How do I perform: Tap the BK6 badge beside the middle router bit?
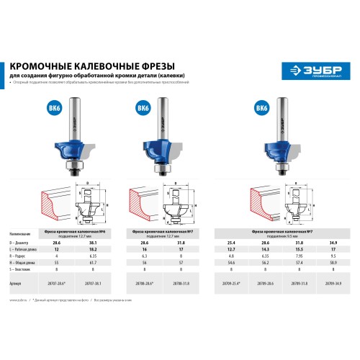pyautogui.click(x=143, y=109)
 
